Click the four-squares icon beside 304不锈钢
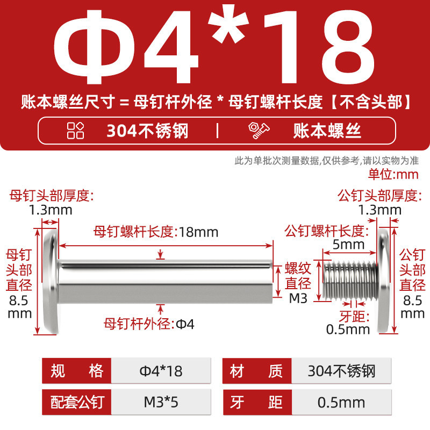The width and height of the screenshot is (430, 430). (x=75, y=130)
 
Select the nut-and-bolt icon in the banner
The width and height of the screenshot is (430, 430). (x=259, y=131)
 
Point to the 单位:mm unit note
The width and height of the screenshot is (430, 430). (x=393, y=174)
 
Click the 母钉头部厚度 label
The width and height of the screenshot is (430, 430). (x=52, y=196)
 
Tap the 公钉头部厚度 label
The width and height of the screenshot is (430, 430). (x=379, y=196)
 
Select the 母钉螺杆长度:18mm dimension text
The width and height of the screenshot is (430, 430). (x=156, y=232)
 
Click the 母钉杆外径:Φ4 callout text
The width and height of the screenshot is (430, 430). (x=149, y=324)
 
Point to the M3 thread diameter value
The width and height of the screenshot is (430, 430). (x=298, y=298)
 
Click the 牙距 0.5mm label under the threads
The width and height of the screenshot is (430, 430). (x=348, y=323)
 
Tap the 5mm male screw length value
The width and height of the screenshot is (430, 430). (x=348, y=245)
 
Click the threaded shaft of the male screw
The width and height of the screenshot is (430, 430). (x=350, y=280)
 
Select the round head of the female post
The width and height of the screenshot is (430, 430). (x=51, y=281)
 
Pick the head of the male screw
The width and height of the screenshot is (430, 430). (x=384, y=281)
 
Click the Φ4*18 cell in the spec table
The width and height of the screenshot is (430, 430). (x=161, y=371)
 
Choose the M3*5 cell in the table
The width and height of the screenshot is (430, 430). (x=161, y=402)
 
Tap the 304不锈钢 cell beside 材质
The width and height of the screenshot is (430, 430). (x=341, y=371)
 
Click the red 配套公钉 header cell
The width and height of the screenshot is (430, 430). (x=77, y=402)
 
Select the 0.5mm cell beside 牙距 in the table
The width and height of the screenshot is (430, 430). (x=341, y=402)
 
